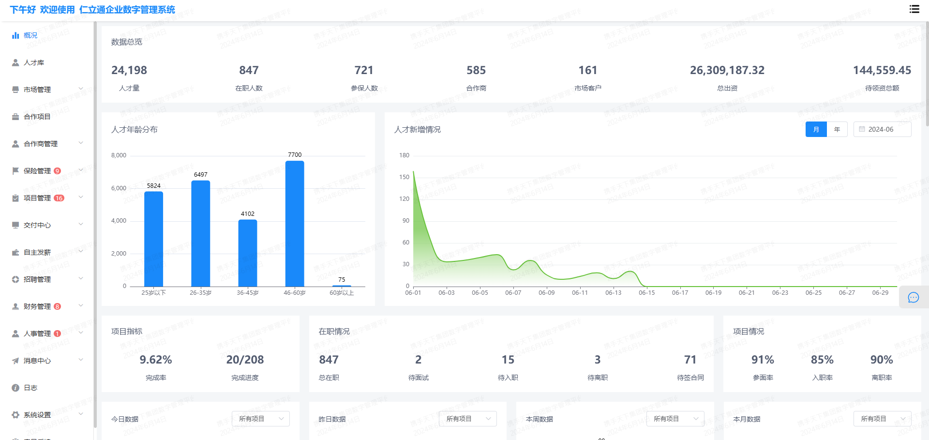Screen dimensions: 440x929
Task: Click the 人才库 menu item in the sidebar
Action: (33, 62)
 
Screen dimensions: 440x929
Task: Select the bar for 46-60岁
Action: (295, 224)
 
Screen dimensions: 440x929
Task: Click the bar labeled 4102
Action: (248, 253)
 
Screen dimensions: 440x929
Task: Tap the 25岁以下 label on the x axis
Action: (153, 293)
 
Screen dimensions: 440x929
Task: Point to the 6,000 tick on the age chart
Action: (119, 188)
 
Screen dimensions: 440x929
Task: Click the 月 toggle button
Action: (816, 129)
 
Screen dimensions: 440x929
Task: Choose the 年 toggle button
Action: (837, 129)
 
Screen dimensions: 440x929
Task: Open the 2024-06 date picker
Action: (882, 129)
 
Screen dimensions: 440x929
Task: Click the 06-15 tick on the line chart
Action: (646, 293)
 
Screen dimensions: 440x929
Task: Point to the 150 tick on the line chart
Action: (404, 177)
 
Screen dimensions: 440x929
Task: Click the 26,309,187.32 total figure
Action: (727, 70)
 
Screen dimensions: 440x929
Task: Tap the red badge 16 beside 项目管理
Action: (59, 198)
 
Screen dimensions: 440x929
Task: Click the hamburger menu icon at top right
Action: (914, 9)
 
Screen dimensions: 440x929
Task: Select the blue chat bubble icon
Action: (913, 298)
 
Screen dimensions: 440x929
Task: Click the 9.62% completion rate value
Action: (156, 360)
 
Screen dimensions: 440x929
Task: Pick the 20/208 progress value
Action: (245, 360)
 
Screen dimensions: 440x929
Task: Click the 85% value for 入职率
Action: (822, 360)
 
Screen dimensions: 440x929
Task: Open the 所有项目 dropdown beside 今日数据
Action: (260, 419)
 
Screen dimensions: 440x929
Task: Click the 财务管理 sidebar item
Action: (37, 306)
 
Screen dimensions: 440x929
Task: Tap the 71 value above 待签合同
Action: (690, 360)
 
